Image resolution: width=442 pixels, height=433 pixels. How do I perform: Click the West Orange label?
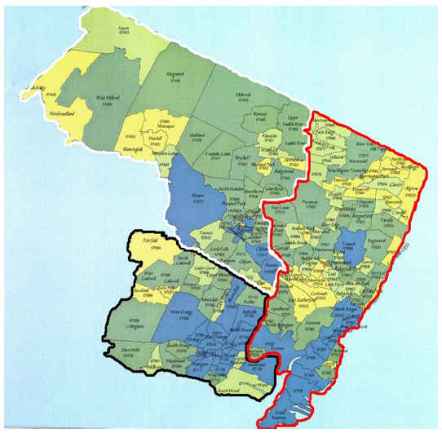(x=179, y=312)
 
